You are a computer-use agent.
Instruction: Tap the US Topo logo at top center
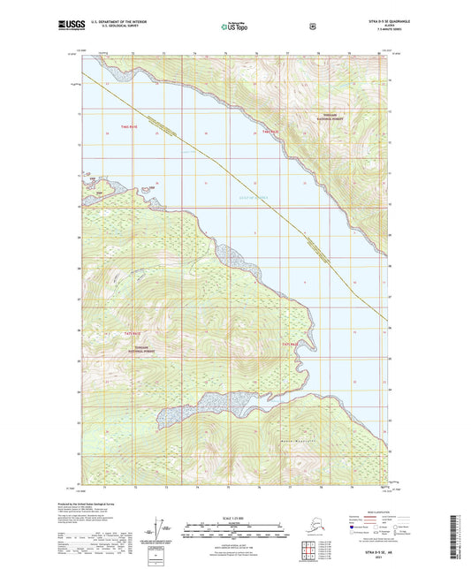(x=234, y=27)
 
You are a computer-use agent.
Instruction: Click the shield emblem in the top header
(x=312, y=27)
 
